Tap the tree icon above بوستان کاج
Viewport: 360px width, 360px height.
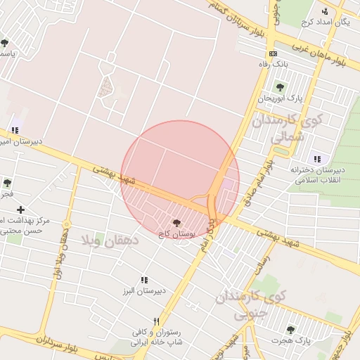(x=176, y=222)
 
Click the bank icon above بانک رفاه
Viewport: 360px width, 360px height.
(x=273, y=53)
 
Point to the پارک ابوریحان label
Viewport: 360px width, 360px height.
(x=274, y=98)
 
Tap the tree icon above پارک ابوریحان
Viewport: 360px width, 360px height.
(x=280, y=88)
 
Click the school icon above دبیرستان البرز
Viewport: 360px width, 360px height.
(x=144, y=280)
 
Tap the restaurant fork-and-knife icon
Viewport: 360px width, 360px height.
(x=166, y=320)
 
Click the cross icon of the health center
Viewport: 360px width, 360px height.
(x=21, y=210)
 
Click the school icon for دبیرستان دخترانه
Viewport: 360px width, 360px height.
(x=317, y=159)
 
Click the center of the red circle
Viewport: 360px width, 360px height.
(x=180, y=180)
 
